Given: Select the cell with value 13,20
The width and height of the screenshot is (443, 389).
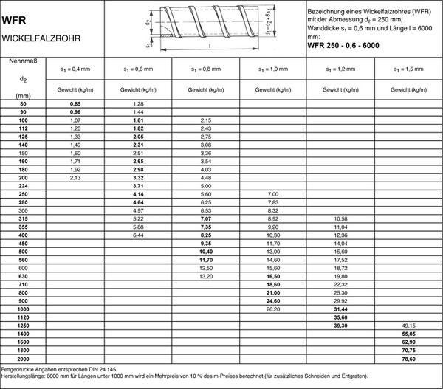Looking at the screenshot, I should [206, 275].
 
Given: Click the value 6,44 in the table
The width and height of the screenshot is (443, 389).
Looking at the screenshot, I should [139, 234].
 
